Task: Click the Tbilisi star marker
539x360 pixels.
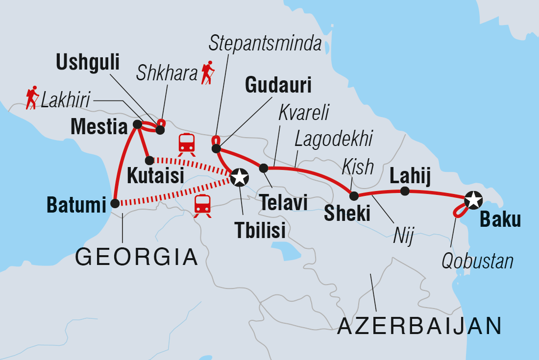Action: click(x=239, y=177)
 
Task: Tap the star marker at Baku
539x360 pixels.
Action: click(x=473, y=199)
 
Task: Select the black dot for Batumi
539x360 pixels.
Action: click(x=115, y=203)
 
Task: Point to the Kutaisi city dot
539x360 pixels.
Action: click(x=149, y=160)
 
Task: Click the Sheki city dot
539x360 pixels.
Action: click(x=354, y=196)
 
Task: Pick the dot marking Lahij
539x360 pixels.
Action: click(x=405, y=191)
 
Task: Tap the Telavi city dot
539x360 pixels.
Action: click(x=263, y=168)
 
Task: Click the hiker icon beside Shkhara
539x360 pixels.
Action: click(x=208, y=72)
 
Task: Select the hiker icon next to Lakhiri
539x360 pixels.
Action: click(x=32, y=98)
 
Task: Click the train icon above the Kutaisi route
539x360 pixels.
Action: click(x=187, y=144)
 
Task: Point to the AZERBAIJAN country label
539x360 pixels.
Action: click(x=419, y=325)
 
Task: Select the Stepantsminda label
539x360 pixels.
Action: click(x=265, y=44)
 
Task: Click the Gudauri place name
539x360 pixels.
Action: click(x=279, y=86)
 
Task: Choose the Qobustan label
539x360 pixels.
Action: click(x=477, y=262)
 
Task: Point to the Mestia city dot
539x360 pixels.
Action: click(x=138, y=125)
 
